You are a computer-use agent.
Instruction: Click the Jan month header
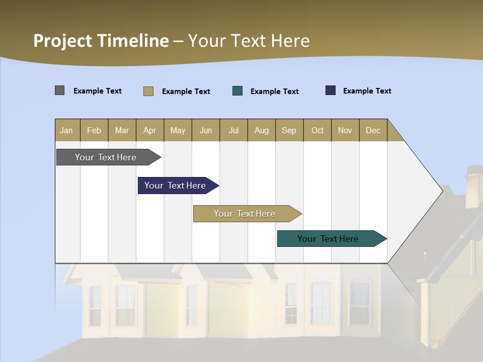coord(66,130)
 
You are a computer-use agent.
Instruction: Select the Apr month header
coord(150,130)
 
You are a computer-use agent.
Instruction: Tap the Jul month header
coord(233,130)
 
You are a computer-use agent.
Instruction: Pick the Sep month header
coord(289,130)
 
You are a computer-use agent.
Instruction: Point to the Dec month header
coord(373,130)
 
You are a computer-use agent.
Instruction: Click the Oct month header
coord(317,130)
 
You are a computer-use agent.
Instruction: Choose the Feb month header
coord(94,130)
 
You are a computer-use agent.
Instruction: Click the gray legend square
coord(60,90)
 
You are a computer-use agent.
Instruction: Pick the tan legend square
coord(148,91)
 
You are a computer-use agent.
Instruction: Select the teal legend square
coord(237,90)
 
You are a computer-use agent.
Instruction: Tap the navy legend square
coord(331,90)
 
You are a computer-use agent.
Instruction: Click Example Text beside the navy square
coord(367,91)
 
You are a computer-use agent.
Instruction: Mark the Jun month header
coord(206,130)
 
